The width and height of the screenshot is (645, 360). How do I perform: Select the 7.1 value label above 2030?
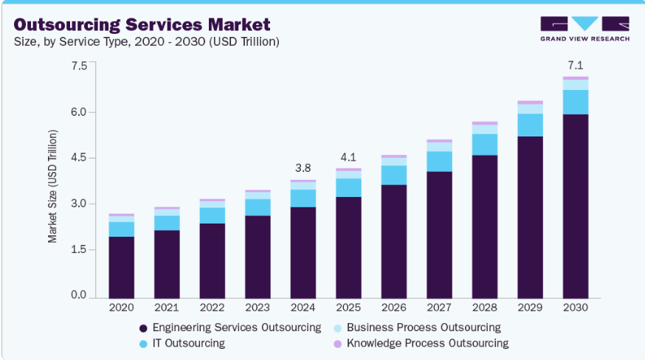pos(576,66)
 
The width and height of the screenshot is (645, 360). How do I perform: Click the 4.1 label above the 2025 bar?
pos(348,157)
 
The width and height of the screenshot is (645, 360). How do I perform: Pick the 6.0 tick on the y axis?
pos(78,112)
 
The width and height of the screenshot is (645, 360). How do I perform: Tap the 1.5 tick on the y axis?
pos(78,250)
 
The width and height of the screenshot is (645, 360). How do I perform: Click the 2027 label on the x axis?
pos(439,307)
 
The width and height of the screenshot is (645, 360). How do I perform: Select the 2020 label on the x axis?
pos(121,307)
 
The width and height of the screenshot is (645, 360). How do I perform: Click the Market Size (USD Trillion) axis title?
pos(52,185)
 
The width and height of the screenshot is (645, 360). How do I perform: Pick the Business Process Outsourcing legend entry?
pos(423,327)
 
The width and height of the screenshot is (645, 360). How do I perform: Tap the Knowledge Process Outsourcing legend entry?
pos(427,343)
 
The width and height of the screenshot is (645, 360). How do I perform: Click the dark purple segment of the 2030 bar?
pos(576,207)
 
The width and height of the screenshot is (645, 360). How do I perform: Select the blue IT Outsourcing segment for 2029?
pos(530,125)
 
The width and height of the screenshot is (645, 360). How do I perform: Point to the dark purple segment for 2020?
pos(121,267)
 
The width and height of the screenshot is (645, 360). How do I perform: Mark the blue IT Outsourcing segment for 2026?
pos(393,175)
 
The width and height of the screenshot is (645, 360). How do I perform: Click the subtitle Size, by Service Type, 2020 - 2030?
pos(147,42)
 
